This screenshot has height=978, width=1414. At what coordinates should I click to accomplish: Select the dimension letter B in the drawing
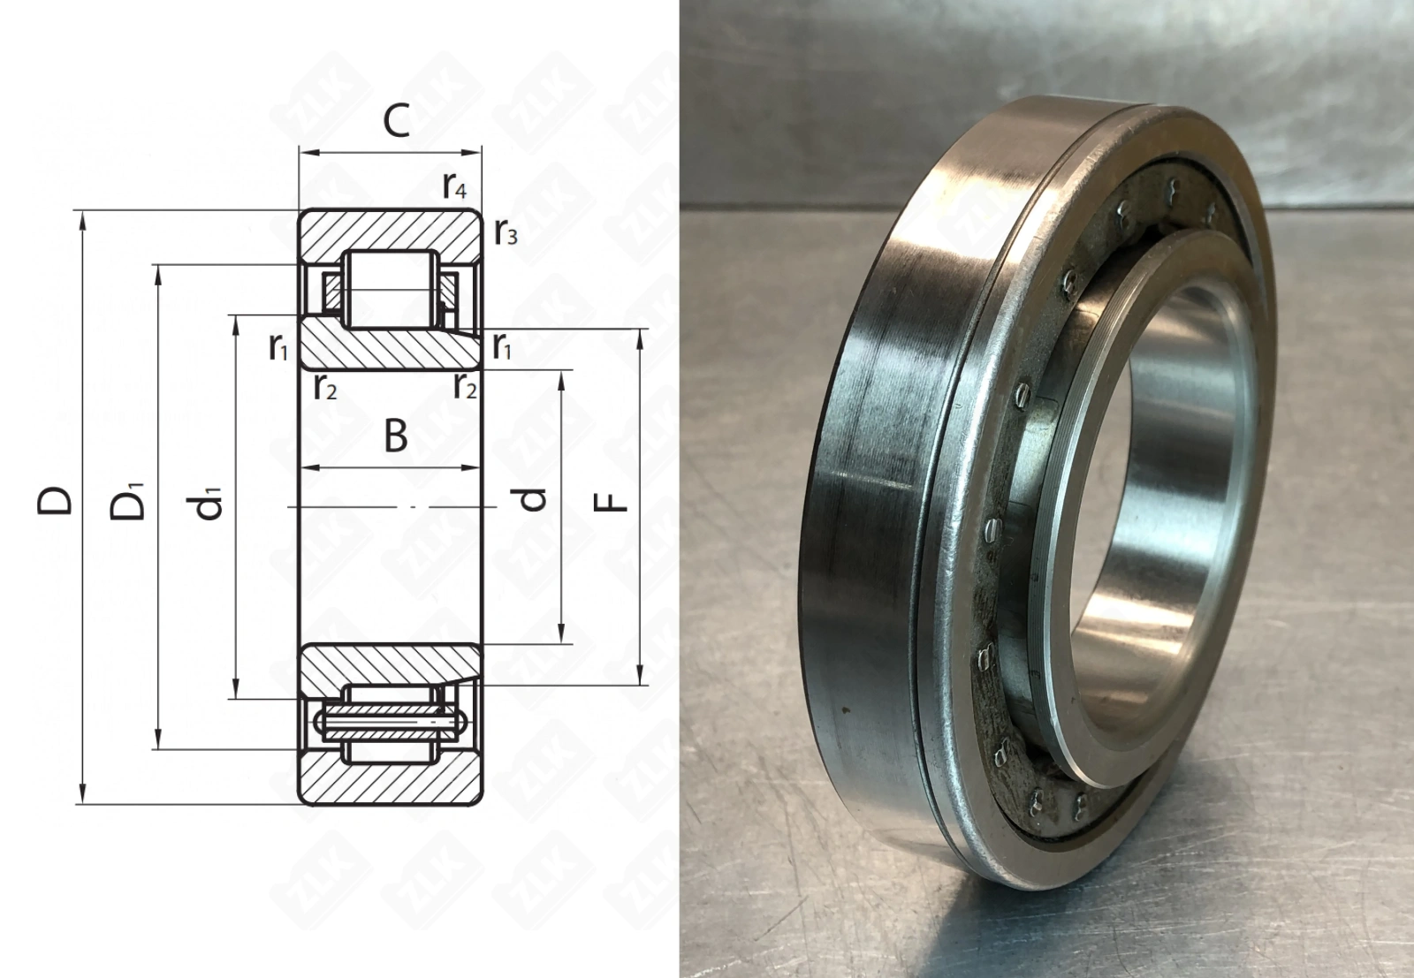(x=396, y=436)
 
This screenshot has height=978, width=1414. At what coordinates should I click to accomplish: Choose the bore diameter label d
(x=533, y=499)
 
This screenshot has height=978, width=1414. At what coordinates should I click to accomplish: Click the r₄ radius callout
(x=454, y=186)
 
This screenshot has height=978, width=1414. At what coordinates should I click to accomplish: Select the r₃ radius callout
(x=506, y=233)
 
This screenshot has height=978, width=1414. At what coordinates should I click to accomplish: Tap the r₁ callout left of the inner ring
(x=278, y=347)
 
